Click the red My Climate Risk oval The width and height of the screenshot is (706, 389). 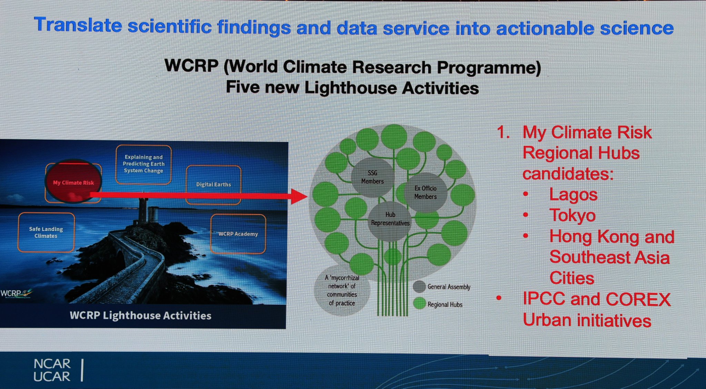[73, 181]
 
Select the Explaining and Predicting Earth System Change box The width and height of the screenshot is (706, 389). [143, 164]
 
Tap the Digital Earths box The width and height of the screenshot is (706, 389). [214, 185]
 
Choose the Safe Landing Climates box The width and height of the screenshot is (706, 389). [46, 232]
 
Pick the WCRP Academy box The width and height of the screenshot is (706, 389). [238, 234]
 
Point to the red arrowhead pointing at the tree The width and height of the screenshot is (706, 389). [299, 196]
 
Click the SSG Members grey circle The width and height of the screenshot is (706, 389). [372, 177]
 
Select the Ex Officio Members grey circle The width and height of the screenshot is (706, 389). [425, 192]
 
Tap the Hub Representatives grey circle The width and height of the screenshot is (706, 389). [390, 221]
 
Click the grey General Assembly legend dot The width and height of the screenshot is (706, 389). [419, 287]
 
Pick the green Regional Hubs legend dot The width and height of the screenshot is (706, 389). [420, 304]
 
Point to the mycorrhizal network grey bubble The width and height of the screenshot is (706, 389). [342, 290]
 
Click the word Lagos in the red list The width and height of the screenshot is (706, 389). [573, 195]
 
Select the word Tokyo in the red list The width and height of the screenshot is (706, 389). [572, 215]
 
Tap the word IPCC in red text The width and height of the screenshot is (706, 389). [544, 299]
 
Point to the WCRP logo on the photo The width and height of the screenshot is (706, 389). [15, 294]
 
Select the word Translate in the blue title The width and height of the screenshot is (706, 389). [78, 25]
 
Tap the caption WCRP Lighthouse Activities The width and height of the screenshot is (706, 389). [140, 316]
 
